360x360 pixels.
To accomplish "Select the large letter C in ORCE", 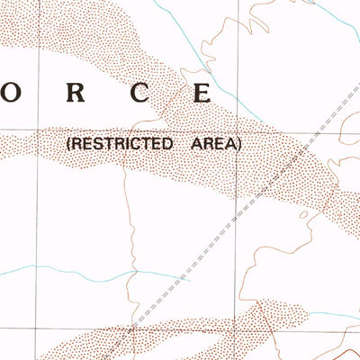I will tap(139, 92).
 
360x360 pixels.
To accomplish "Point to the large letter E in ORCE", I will tap(202, 92).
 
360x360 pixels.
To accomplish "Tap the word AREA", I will tap(213, 143).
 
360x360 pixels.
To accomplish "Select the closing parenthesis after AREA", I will tap(239, 143).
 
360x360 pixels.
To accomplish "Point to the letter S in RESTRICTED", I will tap(94, 143).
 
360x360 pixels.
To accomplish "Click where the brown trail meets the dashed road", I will tap(135, 327).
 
